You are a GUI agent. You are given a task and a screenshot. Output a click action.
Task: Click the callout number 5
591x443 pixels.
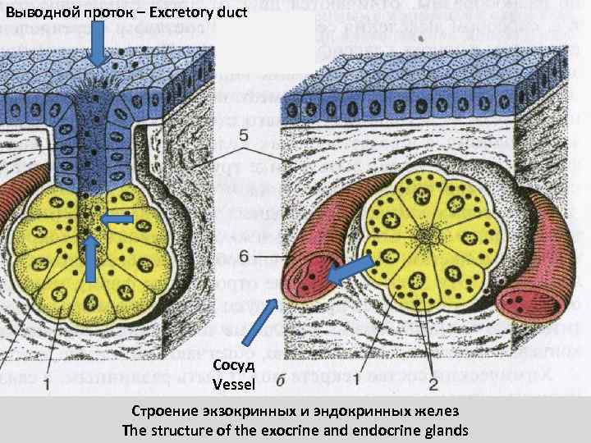tap(243, 134)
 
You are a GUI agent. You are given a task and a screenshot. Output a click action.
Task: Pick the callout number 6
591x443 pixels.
tap(244, 257)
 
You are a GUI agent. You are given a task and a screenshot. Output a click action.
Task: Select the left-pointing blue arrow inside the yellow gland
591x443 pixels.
tap(119, 219)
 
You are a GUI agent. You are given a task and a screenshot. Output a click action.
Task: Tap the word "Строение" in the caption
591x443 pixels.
tap(162, 410)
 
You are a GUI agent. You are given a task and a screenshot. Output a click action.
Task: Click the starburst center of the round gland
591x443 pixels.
tap(428, 237)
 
